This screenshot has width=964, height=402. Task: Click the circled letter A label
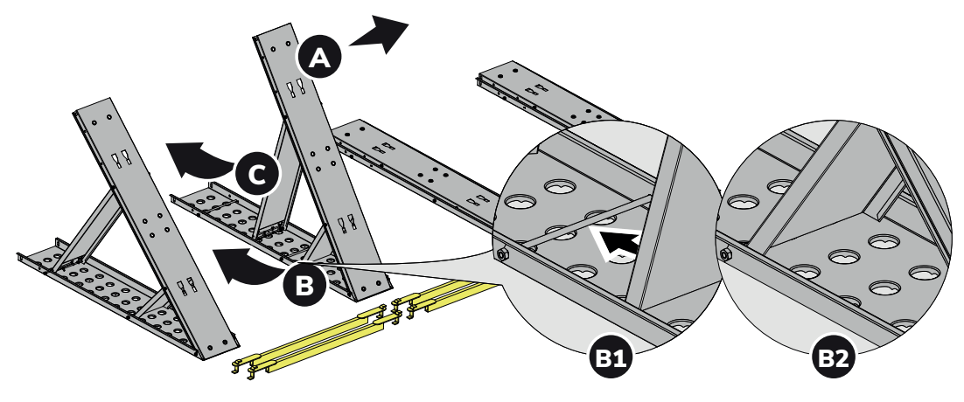[x=319, y=57]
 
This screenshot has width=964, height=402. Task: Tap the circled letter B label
[x=304, y=285]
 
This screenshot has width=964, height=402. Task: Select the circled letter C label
[x=257, y=174]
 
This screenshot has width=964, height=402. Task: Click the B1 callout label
[x=611, y=357]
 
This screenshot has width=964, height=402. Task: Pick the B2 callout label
[x=834, y=357]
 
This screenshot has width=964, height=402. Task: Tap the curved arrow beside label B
[x=246, y=265]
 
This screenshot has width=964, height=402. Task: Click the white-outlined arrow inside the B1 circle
[x=618, y=242]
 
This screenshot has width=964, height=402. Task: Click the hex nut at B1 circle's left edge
[x=501, y=253]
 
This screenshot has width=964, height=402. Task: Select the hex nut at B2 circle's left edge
[x=725, y=253]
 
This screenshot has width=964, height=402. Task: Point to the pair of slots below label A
[x=295, y=86]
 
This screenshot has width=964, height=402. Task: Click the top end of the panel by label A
[x=271, y=31]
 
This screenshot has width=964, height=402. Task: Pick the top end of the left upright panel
[x=92, y=106]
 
